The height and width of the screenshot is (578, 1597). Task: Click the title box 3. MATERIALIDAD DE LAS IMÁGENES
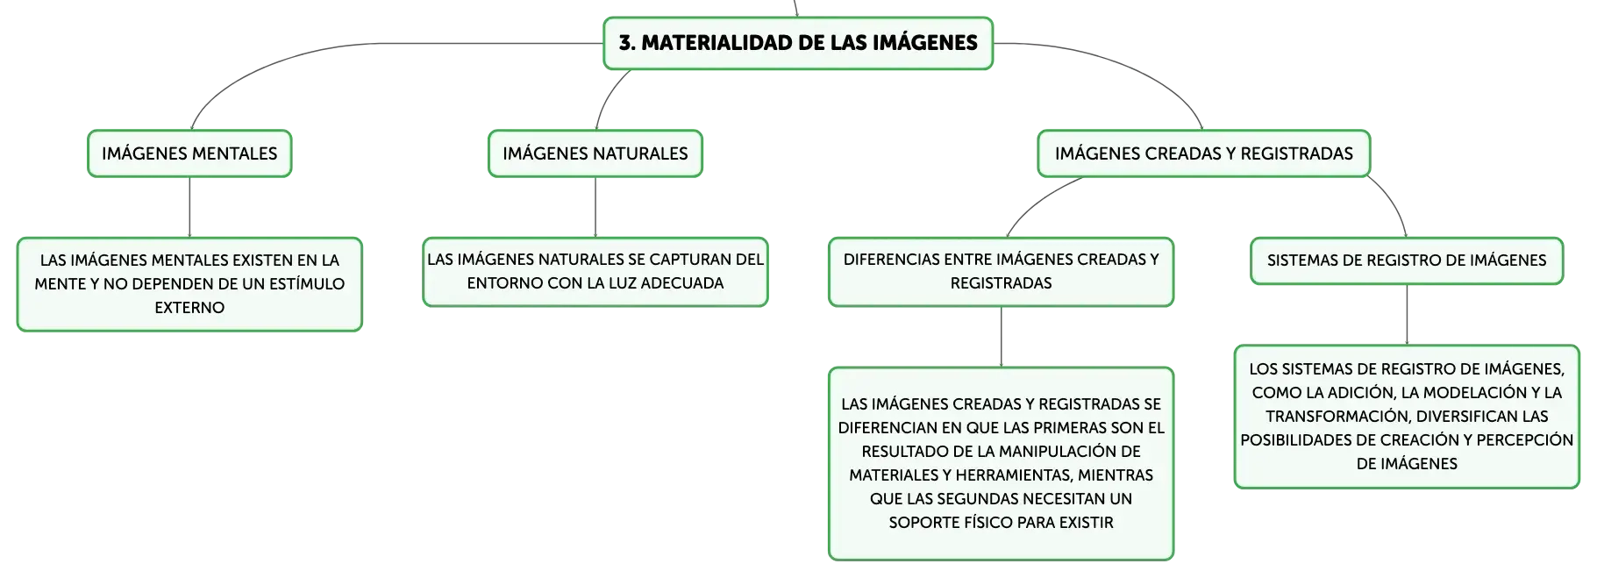click(x=798, y=43)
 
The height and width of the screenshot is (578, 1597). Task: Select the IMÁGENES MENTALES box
click(x=189, y=153)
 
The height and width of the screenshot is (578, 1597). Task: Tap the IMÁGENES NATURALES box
click(x=595, y=153)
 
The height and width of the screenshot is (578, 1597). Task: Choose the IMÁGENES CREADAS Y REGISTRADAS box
click(x=1204, y=153)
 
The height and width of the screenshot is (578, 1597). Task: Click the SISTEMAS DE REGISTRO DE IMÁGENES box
click(x=1407, y=260)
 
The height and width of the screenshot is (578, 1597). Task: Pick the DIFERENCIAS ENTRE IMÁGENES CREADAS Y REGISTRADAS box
click(x=1002, y=272)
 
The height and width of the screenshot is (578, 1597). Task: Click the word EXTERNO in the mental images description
click(x=189, y=308)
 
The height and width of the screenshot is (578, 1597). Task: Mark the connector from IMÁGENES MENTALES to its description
click(x=189, y=207)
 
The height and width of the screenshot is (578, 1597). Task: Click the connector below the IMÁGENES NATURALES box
click(x=595, y=207)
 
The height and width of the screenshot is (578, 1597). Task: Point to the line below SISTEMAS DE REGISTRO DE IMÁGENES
click(x=1407, y=315)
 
